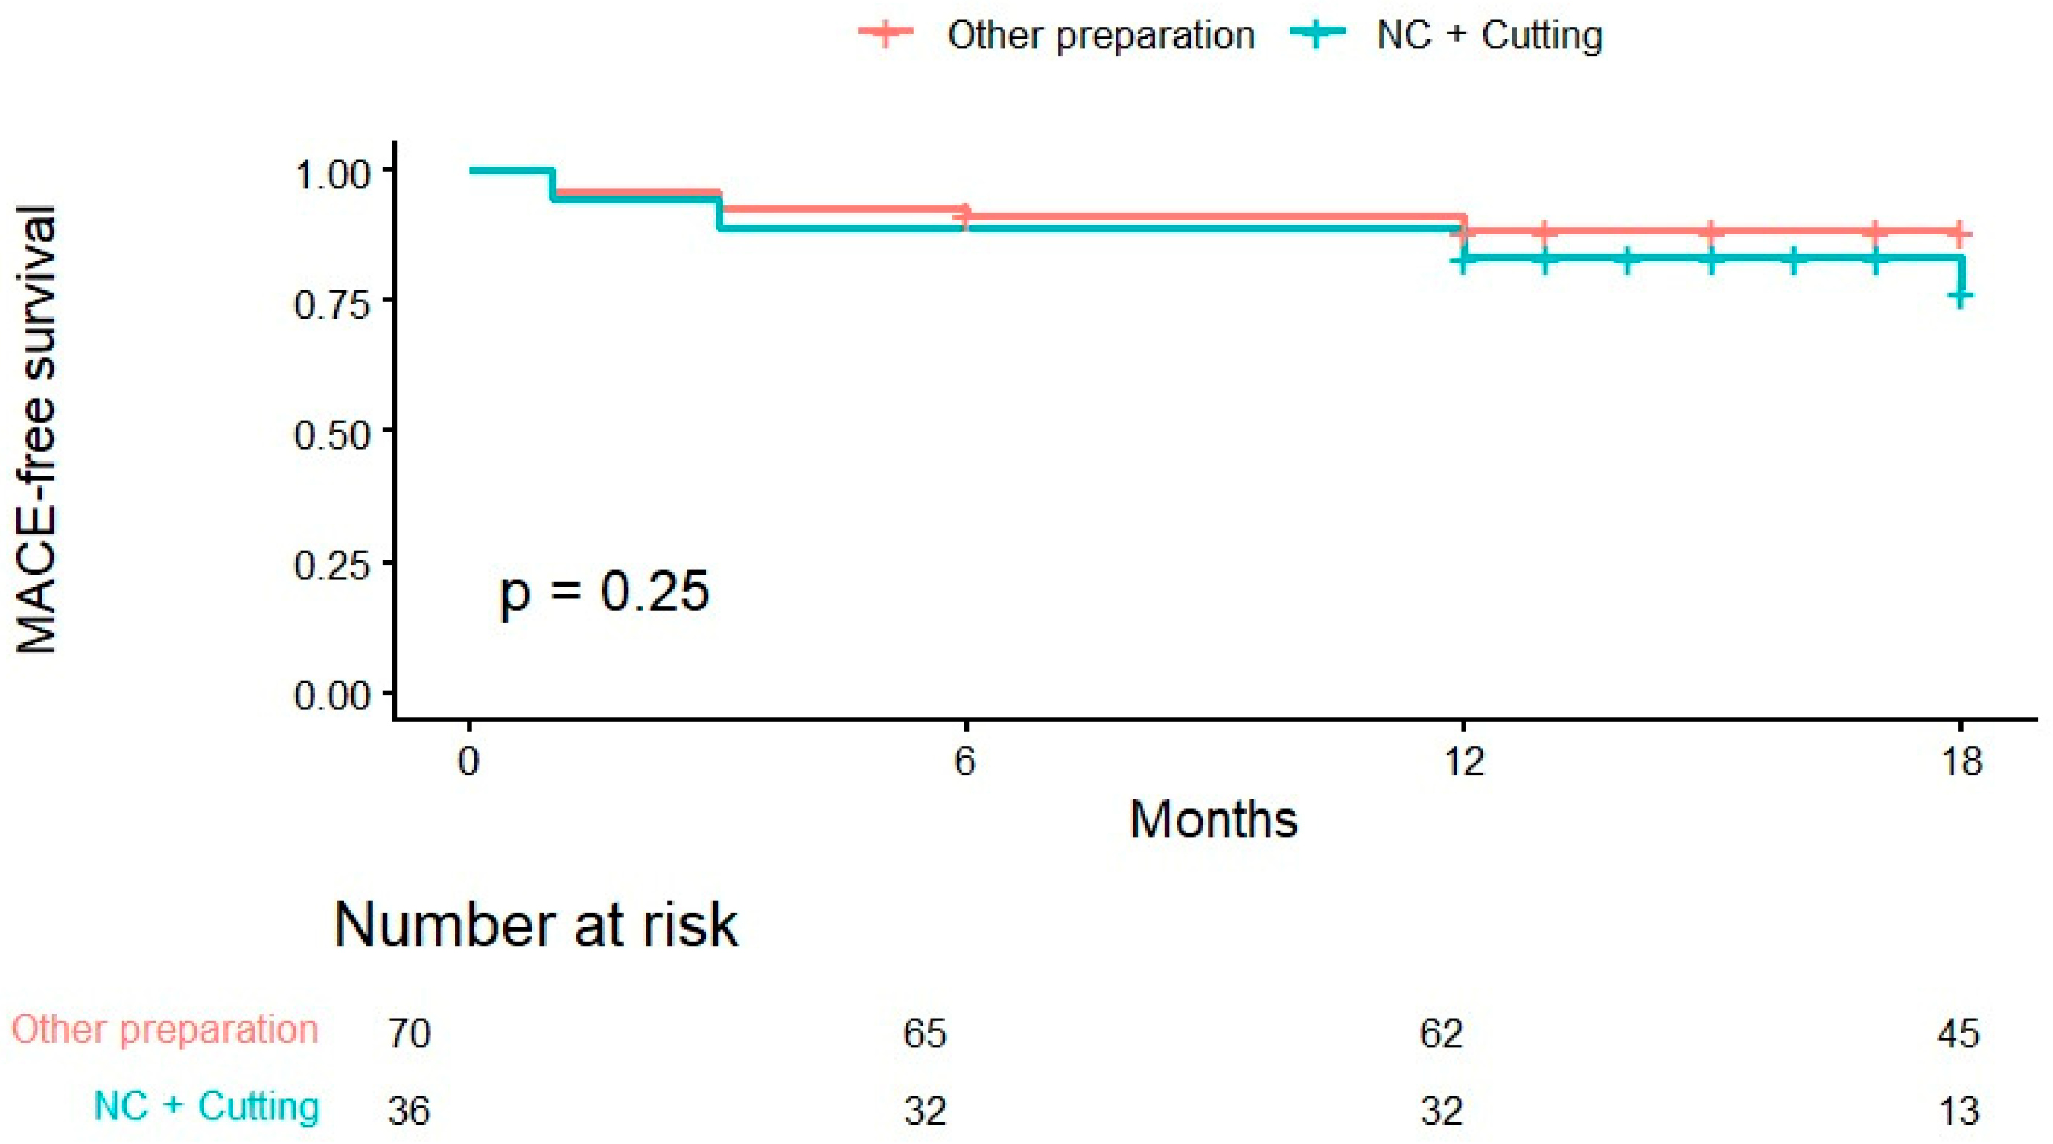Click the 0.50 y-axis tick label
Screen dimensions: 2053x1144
[333, 435]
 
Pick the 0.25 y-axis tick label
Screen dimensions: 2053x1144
[333, 566]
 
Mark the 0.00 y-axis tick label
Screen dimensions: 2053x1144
[333, 696]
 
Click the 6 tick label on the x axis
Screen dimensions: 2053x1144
[965, 761]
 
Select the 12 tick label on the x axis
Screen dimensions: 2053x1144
[1464, 761]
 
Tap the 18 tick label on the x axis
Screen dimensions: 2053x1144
[1961, 761]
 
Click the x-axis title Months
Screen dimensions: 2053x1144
[1214, 819]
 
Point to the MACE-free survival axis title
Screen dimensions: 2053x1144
[36, 429]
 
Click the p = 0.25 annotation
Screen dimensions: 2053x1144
[604, 593]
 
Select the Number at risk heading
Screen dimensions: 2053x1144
[535, 925]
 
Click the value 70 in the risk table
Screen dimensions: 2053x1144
[410, 1033]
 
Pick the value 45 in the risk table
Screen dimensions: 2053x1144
[1958, 1033]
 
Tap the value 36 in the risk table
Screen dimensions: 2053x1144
[410, 1110]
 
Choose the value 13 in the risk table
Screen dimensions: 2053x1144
[1958, 1110]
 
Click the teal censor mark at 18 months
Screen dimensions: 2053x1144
[1961, 297]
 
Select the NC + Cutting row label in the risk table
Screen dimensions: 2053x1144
[207, 1106]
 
